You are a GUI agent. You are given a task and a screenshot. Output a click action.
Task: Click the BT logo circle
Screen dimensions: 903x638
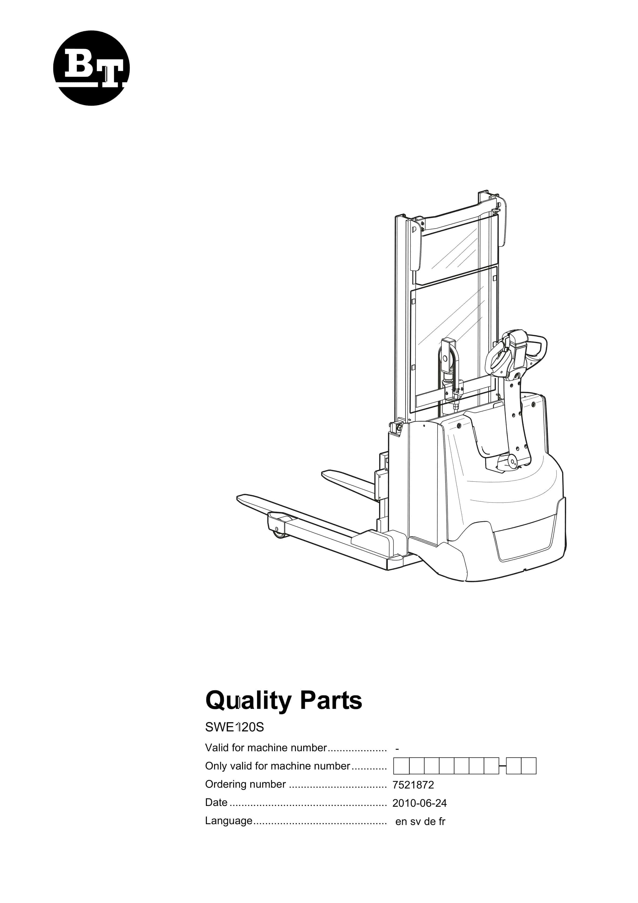tap(91, 68)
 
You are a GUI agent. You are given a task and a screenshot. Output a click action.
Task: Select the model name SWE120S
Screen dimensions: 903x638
tap(235, 727)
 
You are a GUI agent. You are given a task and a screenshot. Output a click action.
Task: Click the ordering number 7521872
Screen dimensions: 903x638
tap(413, 784)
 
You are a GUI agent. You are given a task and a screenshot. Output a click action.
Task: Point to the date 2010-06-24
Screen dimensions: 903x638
tap(419, 803)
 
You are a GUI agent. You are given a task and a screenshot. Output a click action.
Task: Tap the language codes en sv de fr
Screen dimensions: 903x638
tap(420, 821)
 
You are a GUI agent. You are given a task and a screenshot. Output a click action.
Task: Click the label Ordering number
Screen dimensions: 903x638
tap(246, 784)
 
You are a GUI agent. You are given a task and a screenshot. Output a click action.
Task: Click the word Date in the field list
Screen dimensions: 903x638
tap(216, 802)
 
